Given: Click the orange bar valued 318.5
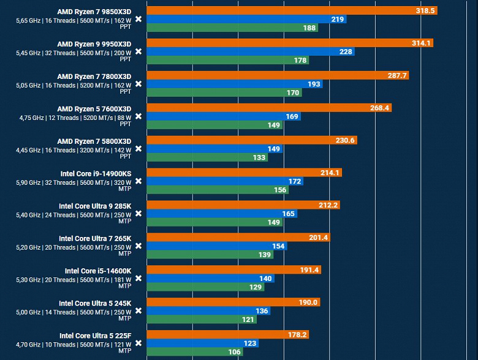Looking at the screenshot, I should point(292,10).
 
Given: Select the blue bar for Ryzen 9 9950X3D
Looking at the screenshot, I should point(251,51).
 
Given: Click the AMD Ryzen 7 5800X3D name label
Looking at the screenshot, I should point(94,141).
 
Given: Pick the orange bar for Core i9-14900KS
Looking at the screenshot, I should point(244,173).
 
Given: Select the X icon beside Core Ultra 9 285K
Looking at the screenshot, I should point(138,214).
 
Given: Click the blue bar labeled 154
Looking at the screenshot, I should point(217,246).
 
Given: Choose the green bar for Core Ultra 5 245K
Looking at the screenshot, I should point(202,320).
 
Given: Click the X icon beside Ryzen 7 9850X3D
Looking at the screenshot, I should point(138,19).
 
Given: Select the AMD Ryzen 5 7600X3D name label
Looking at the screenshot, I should point(94,108).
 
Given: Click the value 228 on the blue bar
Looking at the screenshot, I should point(345,51).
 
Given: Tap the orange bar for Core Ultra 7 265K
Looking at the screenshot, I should point(238,238).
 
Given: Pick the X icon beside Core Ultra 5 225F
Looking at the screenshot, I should point(138,343).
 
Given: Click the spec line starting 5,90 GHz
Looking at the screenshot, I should point(74,181).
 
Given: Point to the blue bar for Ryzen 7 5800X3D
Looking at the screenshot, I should point(215,149).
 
